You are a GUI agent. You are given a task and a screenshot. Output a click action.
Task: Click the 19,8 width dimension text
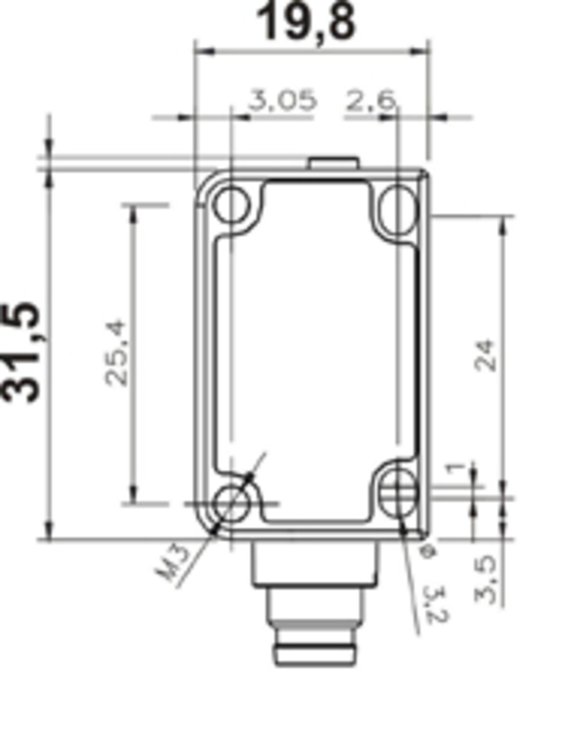coord(306,22)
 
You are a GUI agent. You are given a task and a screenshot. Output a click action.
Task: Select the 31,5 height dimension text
coord(22,352)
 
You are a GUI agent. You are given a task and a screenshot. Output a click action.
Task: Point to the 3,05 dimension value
coord(282,100)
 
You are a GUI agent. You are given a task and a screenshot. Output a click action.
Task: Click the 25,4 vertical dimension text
coord(117,352)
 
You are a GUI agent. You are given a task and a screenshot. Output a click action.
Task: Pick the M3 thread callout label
coord(173,563)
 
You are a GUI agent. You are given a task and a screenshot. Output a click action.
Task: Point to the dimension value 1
coord(455,469)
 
